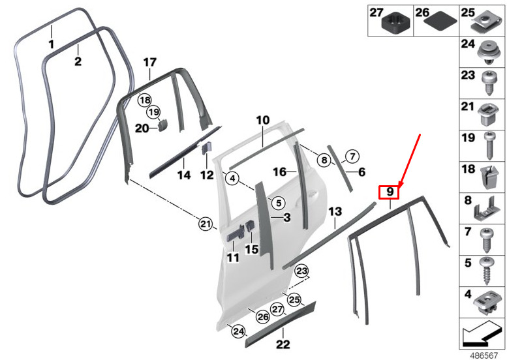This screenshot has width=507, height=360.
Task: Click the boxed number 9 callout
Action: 389,192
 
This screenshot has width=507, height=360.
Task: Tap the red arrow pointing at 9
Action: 410,159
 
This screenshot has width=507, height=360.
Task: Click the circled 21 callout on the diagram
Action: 206,224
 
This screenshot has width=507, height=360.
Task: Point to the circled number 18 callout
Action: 144,100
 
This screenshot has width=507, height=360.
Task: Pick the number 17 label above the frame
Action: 150,63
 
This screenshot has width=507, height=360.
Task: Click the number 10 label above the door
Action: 262,121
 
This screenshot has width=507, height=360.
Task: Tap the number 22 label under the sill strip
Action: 283,344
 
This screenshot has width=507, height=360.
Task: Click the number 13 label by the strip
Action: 335,212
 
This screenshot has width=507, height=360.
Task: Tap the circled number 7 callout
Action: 352,156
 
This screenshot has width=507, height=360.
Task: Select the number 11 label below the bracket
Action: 233,258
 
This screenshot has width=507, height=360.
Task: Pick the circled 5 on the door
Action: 277,203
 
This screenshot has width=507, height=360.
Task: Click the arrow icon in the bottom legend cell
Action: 480,335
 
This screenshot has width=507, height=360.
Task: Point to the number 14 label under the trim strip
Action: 184,175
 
